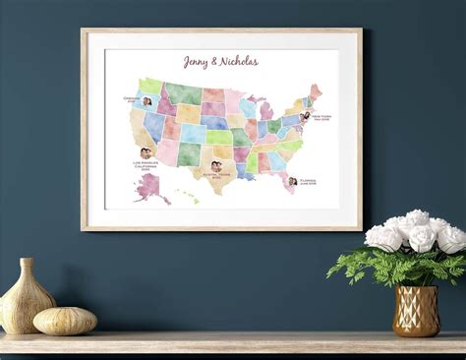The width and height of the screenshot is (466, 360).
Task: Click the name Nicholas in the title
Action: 239,62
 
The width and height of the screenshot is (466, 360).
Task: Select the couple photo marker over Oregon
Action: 146,101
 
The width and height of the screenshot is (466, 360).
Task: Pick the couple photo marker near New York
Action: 306,116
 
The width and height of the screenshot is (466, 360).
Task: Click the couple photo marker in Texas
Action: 215,166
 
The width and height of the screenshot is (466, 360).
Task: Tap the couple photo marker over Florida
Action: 292,181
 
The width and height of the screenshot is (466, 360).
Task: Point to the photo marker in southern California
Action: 146,153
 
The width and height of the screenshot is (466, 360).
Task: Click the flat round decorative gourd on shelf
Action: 65,321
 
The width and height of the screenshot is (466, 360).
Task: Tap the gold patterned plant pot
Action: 416,311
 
